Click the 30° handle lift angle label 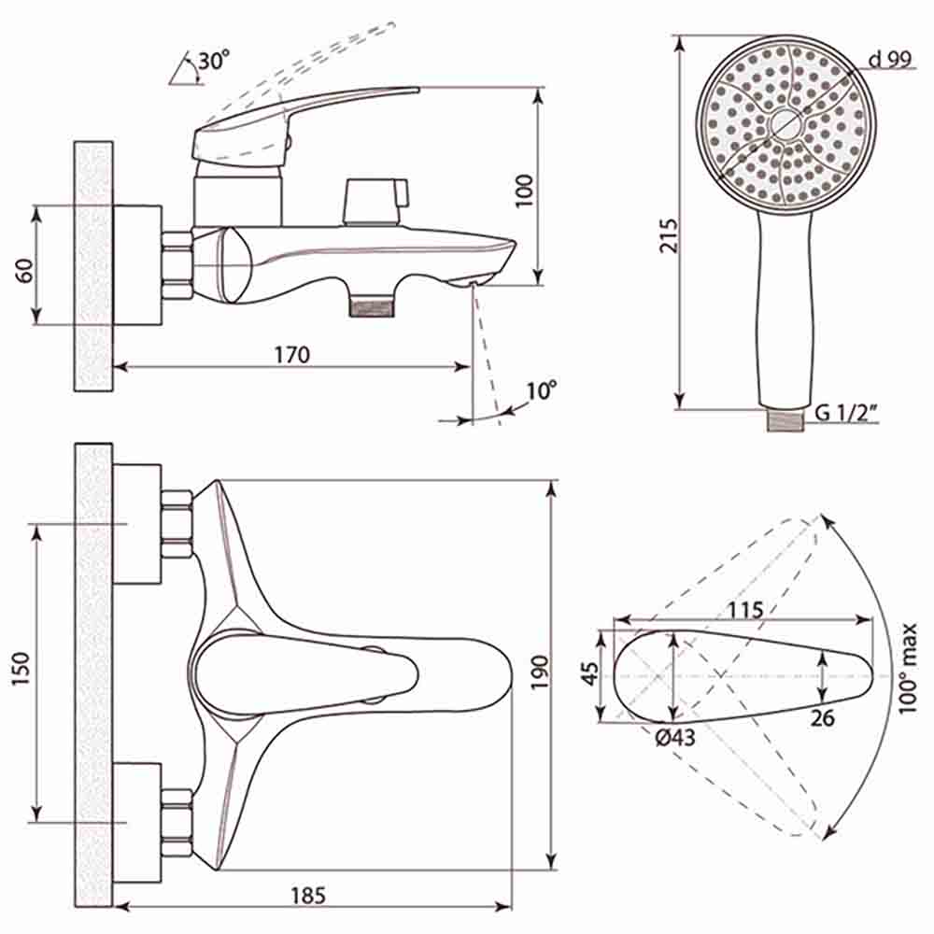coord(213,60)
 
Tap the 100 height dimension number coord(524,191)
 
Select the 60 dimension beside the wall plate coord(24,271)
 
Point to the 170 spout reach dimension coord(291,354)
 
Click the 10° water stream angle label coord(542,390)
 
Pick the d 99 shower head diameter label coord(890,59)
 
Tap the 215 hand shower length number coord(669,236)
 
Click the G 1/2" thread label coord(846,412)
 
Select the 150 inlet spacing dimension coord(21,669)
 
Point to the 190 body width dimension coord(540,672)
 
